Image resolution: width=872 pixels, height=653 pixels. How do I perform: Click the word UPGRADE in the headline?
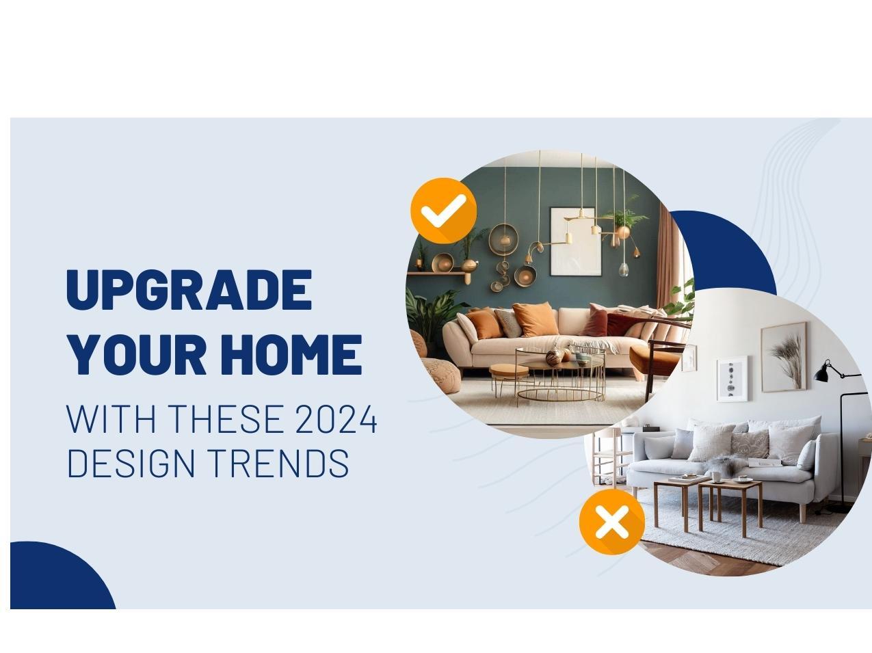click(189, 289)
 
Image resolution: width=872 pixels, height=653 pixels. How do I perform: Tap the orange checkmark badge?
click(443, 211)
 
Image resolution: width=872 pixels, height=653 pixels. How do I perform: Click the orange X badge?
click(612, 522)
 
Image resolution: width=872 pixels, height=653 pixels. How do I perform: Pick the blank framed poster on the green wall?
click(575, 241)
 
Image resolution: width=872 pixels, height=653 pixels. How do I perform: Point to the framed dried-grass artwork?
click(784, 357)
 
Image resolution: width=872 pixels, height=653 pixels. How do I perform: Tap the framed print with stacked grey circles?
click(732, 379)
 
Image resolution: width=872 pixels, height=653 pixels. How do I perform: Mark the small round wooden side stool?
click(509, 377)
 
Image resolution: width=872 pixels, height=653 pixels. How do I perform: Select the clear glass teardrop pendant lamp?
click(624, 269)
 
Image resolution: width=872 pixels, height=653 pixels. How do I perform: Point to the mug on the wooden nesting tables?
click(715, 476)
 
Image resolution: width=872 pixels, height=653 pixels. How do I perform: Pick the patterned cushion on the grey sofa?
click(750, 444)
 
